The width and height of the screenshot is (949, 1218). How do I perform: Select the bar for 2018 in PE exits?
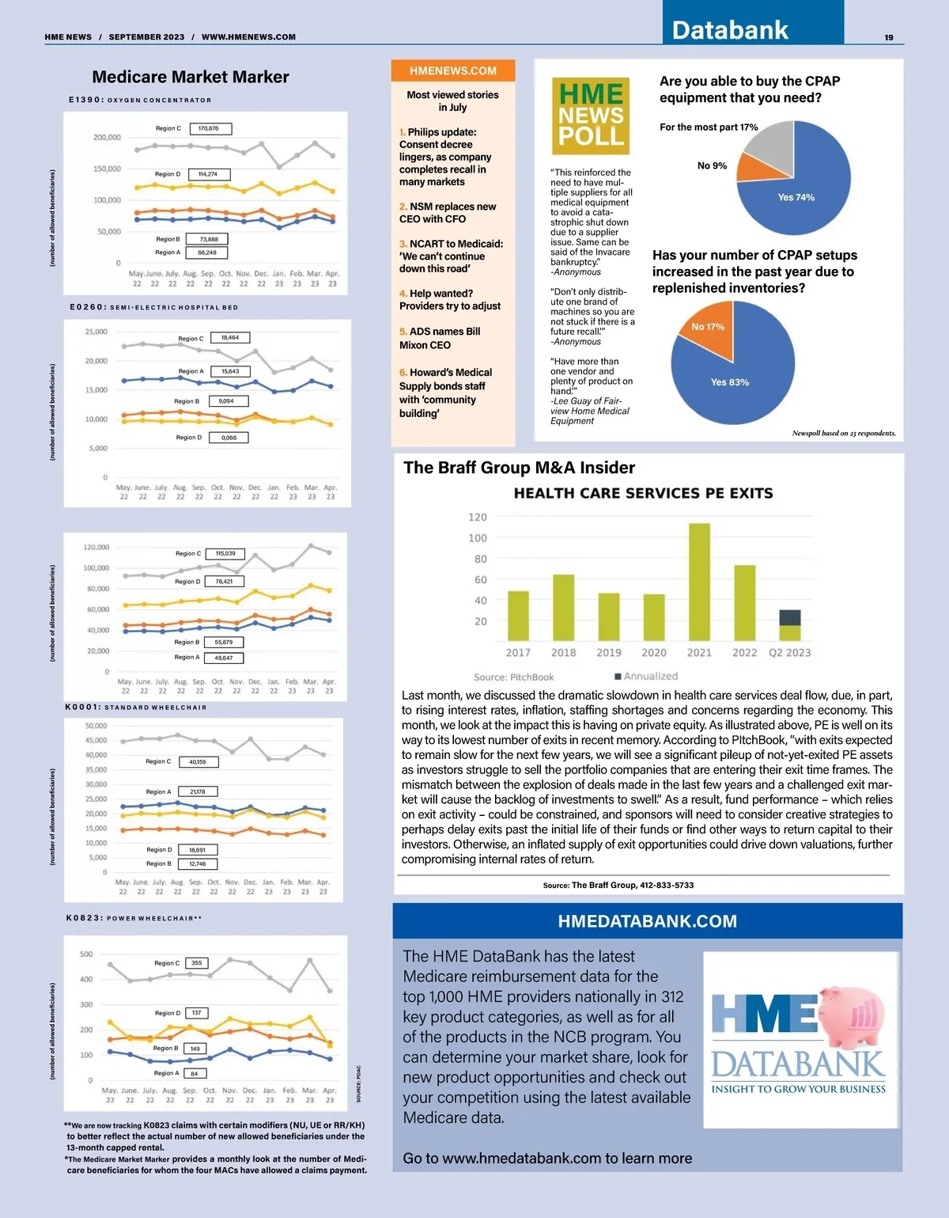[563, 607]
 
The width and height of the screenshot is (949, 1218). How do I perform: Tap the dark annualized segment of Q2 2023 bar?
[789, 617]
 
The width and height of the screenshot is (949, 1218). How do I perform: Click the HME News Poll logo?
[591, 116]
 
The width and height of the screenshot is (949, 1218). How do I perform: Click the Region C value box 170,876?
[209, 128]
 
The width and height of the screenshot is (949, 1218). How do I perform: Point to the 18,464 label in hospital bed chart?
[230, 338]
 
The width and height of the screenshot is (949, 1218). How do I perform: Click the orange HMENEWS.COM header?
[452, 70]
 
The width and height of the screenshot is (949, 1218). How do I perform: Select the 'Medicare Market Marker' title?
[191, 77]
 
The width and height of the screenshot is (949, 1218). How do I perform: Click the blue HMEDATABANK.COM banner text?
[647, 921]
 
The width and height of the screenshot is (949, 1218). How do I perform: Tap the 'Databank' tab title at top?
[730, 30]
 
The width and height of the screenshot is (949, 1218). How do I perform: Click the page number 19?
[889, 37]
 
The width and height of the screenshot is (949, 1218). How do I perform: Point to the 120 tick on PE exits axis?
[478, 518]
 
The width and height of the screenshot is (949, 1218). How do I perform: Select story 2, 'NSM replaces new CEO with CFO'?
[448, 212]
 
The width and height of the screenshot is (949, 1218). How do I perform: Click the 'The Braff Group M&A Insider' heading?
[519, 468]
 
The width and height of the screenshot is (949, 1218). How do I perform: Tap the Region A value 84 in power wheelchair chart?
[195, 1073]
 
